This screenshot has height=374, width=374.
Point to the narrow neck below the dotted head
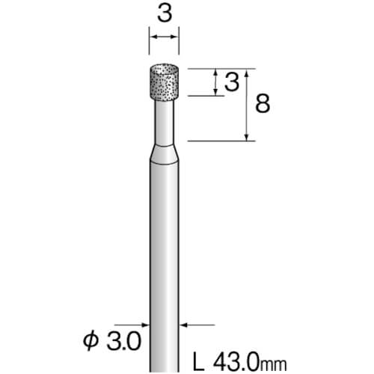[x=165, y=122]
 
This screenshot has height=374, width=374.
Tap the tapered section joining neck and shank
[x=165, y=154]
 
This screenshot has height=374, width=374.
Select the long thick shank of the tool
[x=165, y=267]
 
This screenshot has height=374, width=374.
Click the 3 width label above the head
[x=165, y=14]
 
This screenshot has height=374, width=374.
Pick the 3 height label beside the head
[x=232, y=82]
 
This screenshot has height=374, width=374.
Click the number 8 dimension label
[x=263, y=103]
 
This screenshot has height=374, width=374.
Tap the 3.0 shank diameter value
[x=124, y=342]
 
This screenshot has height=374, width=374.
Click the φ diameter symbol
[x=91, y=342]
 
